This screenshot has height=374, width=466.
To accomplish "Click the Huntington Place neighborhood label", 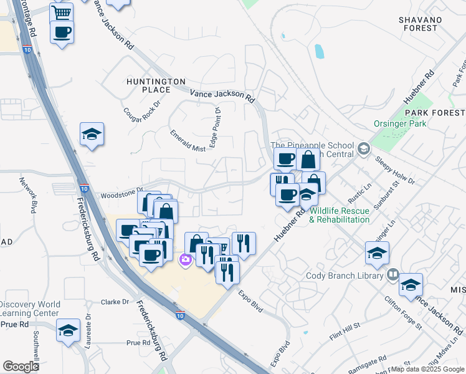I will (156, 85).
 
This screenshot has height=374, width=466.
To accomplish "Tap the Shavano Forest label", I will (420, 24).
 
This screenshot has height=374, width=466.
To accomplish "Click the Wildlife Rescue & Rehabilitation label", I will (340, 215).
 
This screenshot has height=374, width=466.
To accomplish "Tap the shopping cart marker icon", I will (62, 12).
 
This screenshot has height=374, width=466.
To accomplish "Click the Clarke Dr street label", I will (116, 302).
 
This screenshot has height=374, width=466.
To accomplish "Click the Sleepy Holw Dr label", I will (395, 170).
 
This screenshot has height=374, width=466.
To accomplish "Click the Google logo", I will (21, 366).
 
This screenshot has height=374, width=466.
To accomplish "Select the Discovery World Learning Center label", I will (30, 308).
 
